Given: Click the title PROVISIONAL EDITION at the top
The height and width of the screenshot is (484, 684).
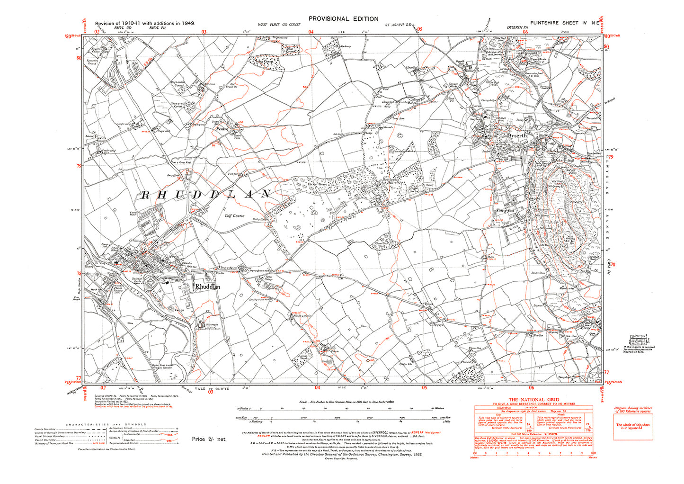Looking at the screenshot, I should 343,19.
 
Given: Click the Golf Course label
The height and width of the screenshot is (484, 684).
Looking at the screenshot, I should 234,216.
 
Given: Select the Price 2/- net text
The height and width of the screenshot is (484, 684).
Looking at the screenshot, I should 209,439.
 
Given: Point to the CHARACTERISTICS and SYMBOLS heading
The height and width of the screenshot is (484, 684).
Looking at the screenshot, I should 106,424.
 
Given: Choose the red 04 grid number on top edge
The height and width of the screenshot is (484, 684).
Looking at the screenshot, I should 311,32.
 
